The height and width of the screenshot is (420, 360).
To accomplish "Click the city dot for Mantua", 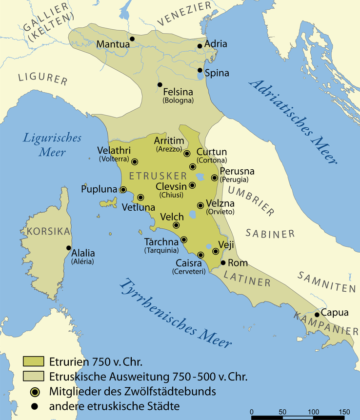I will pos(132,39).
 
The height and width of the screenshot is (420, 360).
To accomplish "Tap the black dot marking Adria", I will pos(200,46).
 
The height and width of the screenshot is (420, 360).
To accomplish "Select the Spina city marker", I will pos(200,70).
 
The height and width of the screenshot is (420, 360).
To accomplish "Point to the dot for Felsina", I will pos(160,85).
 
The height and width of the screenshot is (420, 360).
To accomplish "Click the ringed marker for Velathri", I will pos(135,161).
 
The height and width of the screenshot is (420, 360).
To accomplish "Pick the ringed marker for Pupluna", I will pos(123,190).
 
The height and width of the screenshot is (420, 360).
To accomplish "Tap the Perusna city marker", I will pos(214,178).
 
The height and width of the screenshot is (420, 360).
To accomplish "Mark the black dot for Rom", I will pos(223,262).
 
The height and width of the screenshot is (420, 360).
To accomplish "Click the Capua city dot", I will pos(317,315).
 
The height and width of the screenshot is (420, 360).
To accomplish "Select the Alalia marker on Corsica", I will pos(69,248).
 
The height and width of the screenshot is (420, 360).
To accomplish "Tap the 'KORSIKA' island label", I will pos(49,231).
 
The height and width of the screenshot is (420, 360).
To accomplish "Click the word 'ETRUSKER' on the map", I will pos(150,175).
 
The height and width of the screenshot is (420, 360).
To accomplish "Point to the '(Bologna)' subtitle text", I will pos(178,100).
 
